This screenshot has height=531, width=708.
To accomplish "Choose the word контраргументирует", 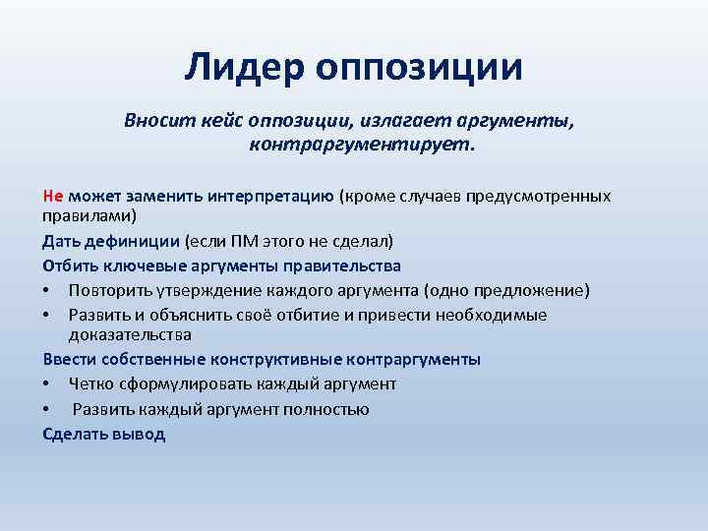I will tap(361, 146).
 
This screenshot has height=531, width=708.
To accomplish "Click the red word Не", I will tap(53, 195).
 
